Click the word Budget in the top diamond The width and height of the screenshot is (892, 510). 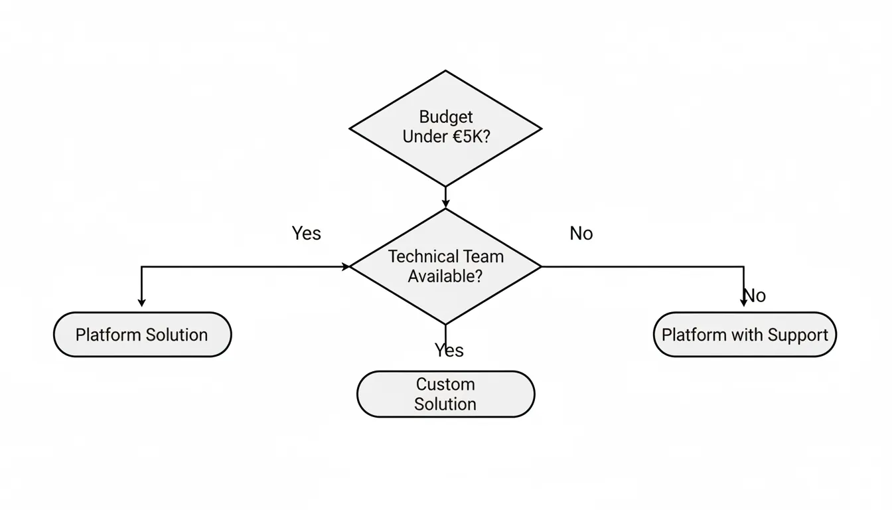446,117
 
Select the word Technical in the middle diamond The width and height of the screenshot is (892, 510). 421,256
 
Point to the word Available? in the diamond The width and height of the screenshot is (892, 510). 445,276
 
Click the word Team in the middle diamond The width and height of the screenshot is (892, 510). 481,256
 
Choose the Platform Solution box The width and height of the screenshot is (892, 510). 142,335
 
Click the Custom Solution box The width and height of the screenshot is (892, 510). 445,394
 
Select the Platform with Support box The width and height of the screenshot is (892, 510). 745,335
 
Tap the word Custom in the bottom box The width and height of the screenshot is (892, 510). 445,384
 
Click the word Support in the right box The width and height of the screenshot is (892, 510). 798,335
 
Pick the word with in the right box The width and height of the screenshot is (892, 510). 747,335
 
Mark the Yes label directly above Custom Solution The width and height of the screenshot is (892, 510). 449,350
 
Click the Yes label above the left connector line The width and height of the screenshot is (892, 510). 306,233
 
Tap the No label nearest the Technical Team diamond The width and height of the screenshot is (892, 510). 581,233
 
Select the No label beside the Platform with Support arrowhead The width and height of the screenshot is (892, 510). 756,295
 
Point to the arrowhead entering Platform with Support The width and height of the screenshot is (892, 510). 743,302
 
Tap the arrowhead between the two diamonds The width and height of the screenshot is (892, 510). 445,203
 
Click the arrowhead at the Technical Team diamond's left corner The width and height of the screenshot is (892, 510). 345,267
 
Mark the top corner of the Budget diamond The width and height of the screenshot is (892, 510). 445,71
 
